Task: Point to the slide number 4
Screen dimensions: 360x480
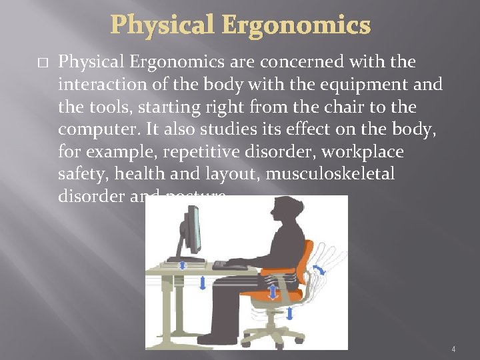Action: point(453,349)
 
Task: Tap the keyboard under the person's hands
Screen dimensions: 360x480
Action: point(230,265)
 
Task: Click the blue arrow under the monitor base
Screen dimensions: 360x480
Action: point(184,265)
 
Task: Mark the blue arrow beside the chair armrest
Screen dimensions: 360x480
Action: point(273,292)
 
